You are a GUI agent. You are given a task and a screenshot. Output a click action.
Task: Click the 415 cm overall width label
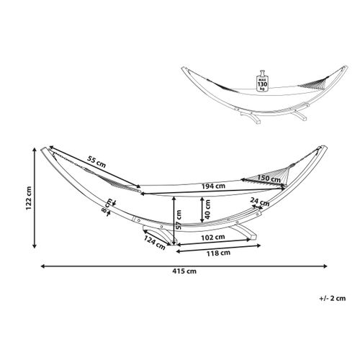[184, 271]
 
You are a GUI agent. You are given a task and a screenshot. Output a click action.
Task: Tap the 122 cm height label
[29, 198]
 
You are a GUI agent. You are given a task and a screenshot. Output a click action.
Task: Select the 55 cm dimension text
[96, 162]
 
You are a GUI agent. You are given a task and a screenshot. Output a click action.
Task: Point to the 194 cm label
[213, 186]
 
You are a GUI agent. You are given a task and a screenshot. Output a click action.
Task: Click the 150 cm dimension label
[269, 179]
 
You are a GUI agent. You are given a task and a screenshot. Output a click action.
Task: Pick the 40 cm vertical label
[207, 210]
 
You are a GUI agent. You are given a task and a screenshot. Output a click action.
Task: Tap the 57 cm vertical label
[179, 220]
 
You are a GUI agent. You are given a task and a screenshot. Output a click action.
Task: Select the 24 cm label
[260, 202]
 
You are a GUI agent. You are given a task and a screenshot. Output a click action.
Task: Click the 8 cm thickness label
[106, 206]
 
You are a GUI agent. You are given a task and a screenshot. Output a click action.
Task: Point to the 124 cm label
[155, 243]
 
